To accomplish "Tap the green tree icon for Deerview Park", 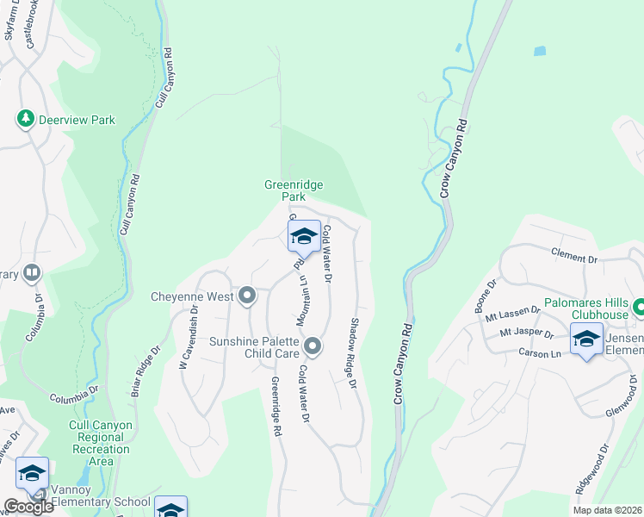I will (26, 119).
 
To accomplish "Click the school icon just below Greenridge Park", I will (304, 236).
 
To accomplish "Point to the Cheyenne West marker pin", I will (248, 296).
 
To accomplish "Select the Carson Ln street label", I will (542, 353).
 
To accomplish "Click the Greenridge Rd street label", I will (276, 406).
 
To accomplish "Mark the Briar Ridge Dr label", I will (145, 372).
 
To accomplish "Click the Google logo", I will (28, 507).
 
